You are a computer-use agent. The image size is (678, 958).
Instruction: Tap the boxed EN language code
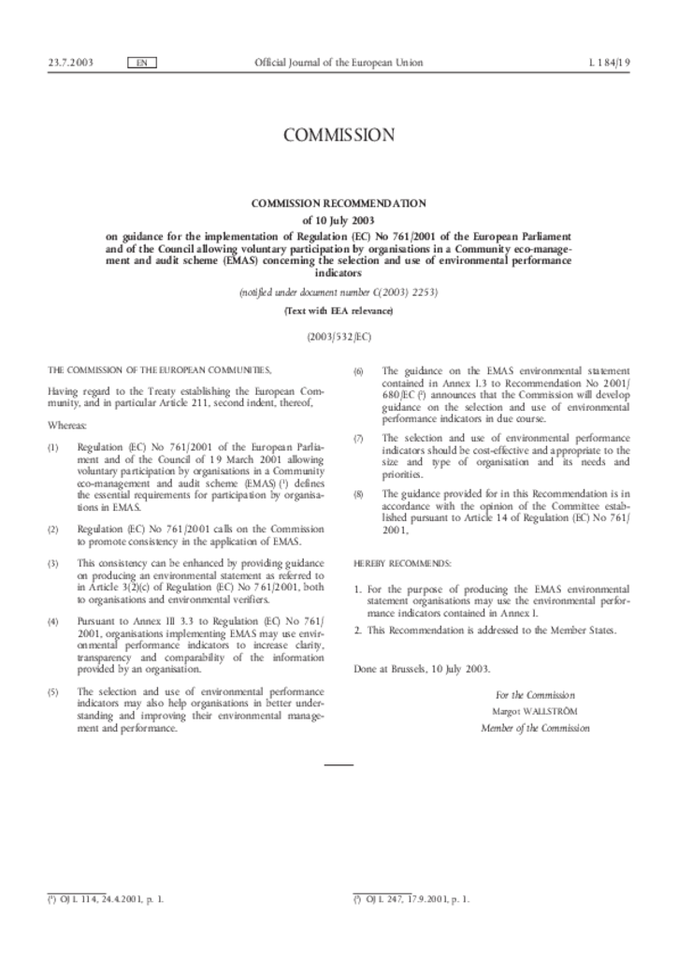click(x=140, y=63)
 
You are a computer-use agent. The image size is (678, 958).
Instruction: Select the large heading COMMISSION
click(x=339, y=136)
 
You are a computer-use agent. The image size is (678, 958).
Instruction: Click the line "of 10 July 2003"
click(x=339, y=220)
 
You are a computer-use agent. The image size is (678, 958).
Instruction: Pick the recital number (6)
click(x=358, y=371)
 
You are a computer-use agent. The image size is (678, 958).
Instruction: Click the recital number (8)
click(x=358, y=493)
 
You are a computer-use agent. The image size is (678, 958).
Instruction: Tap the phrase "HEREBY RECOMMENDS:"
click(x=402, y=563)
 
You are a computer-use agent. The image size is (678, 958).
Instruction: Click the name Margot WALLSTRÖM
click(x=535, y=712)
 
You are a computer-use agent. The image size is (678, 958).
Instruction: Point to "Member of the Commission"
click(x=535, y=728)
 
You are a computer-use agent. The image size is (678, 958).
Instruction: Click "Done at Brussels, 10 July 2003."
click(x=422, y=669)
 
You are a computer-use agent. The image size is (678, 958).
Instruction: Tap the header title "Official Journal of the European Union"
click(x=339, y=63)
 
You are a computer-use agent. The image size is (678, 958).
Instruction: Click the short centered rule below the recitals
click(x=339, y=765)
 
